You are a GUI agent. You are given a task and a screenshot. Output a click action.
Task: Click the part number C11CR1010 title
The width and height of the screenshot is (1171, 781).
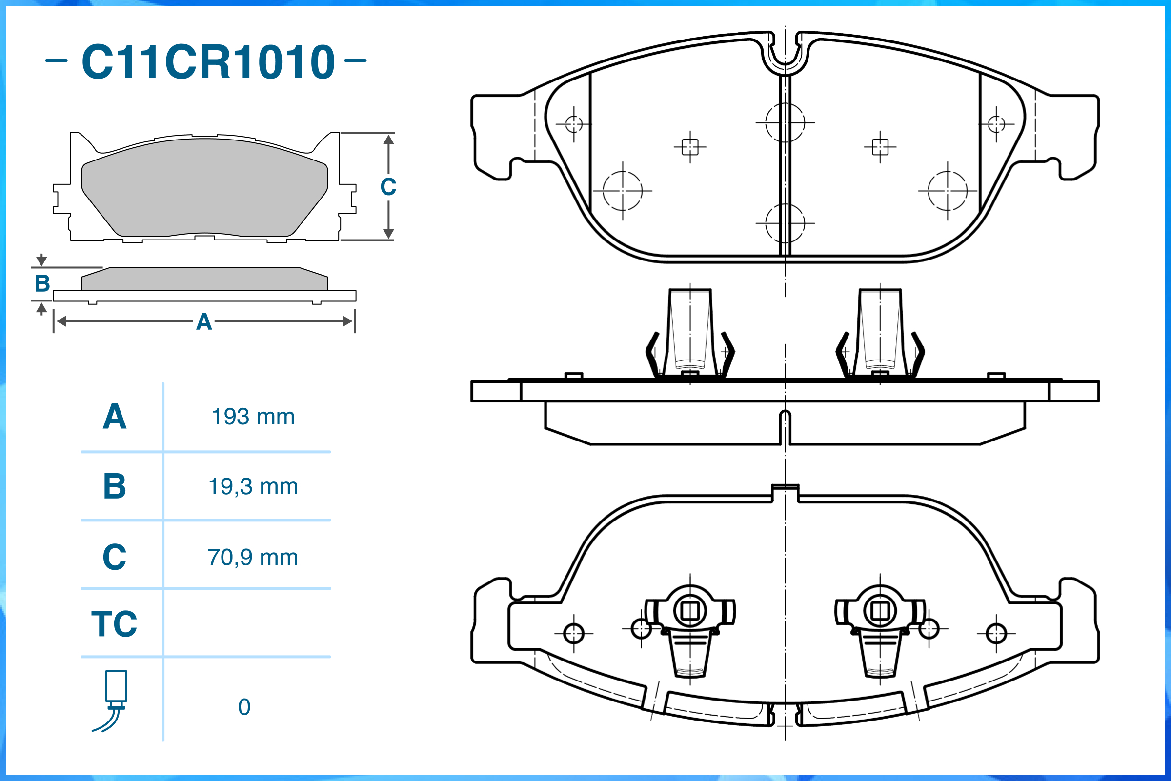point(208,62)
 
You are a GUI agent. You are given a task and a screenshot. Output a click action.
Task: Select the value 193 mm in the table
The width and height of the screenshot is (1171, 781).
point(253,417)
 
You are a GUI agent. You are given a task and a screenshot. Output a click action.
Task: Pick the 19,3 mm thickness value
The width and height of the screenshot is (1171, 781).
point(253,487)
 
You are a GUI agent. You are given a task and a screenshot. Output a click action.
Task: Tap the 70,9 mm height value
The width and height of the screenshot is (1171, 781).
point(253,558)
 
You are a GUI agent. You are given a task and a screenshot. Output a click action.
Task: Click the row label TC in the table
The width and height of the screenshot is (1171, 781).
point(114,623)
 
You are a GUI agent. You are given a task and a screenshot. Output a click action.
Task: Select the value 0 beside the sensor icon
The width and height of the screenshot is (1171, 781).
point(244,707)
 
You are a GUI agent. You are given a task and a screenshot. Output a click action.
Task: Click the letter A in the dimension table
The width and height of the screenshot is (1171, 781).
point(115,417)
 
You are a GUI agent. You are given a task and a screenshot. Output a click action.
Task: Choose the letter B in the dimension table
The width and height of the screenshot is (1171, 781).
point(115,487)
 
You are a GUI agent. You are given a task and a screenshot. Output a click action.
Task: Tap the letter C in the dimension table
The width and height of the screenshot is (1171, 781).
point(115,558)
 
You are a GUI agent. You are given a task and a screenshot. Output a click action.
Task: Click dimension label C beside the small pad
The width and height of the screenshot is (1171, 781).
point(388,187)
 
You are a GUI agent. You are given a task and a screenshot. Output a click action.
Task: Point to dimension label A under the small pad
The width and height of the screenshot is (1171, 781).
point(204,322)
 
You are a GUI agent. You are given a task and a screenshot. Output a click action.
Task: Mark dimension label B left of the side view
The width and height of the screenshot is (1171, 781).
point(42,284)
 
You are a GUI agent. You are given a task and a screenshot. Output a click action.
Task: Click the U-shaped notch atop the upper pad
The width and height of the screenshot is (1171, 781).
point(785,55)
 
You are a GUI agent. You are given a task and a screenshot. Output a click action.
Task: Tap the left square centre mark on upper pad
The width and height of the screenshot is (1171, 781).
point(690,147)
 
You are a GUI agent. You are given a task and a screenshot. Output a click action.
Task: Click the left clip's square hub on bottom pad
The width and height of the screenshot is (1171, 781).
point(690,611)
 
